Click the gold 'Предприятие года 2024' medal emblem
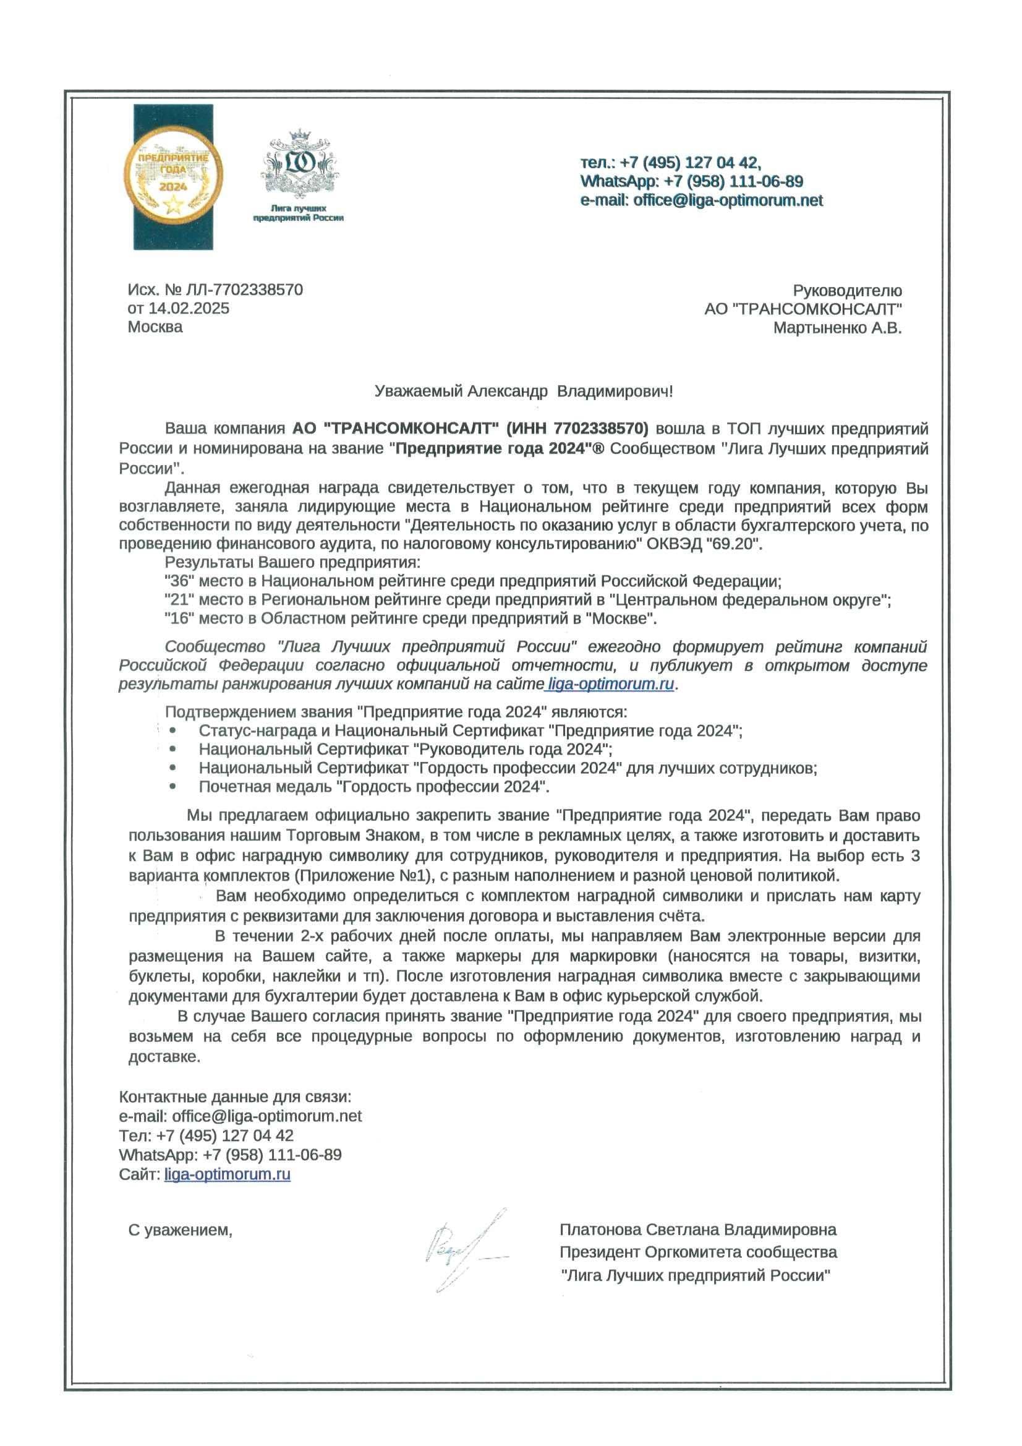click(172, 176)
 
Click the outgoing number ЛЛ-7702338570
click(244, 289)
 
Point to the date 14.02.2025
click(189, 308)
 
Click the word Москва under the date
click(155, 327)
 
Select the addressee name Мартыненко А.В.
click(838, 328)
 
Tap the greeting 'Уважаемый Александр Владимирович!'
click(523, 391)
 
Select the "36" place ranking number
click(179, 581)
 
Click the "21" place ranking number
click(179, 599)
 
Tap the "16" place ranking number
click(179, 618)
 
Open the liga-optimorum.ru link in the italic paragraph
click(610, 684)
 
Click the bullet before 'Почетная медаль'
click(173, 786)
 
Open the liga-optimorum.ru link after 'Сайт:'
click(228, 1174)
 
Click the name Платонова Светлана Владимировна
click(697, 1230)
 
